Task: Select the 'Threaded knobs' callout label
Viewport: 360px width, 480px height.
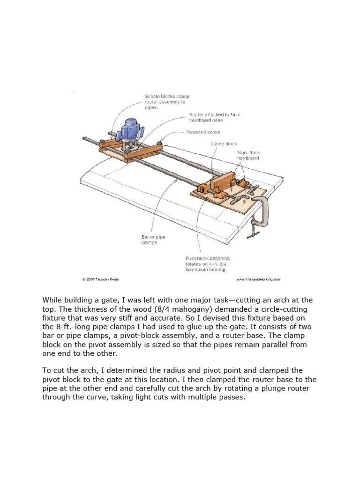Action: (x=203, y=132)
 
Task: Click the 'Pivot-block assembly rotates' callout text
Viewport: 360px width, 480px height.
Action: (x=208, y=264)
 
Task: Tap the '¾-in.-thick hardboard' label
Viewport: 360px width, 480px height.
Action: (x=248, y=156)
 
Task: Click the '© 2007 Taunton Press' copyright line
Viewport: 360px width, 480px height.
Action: (x=100, y=279)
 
